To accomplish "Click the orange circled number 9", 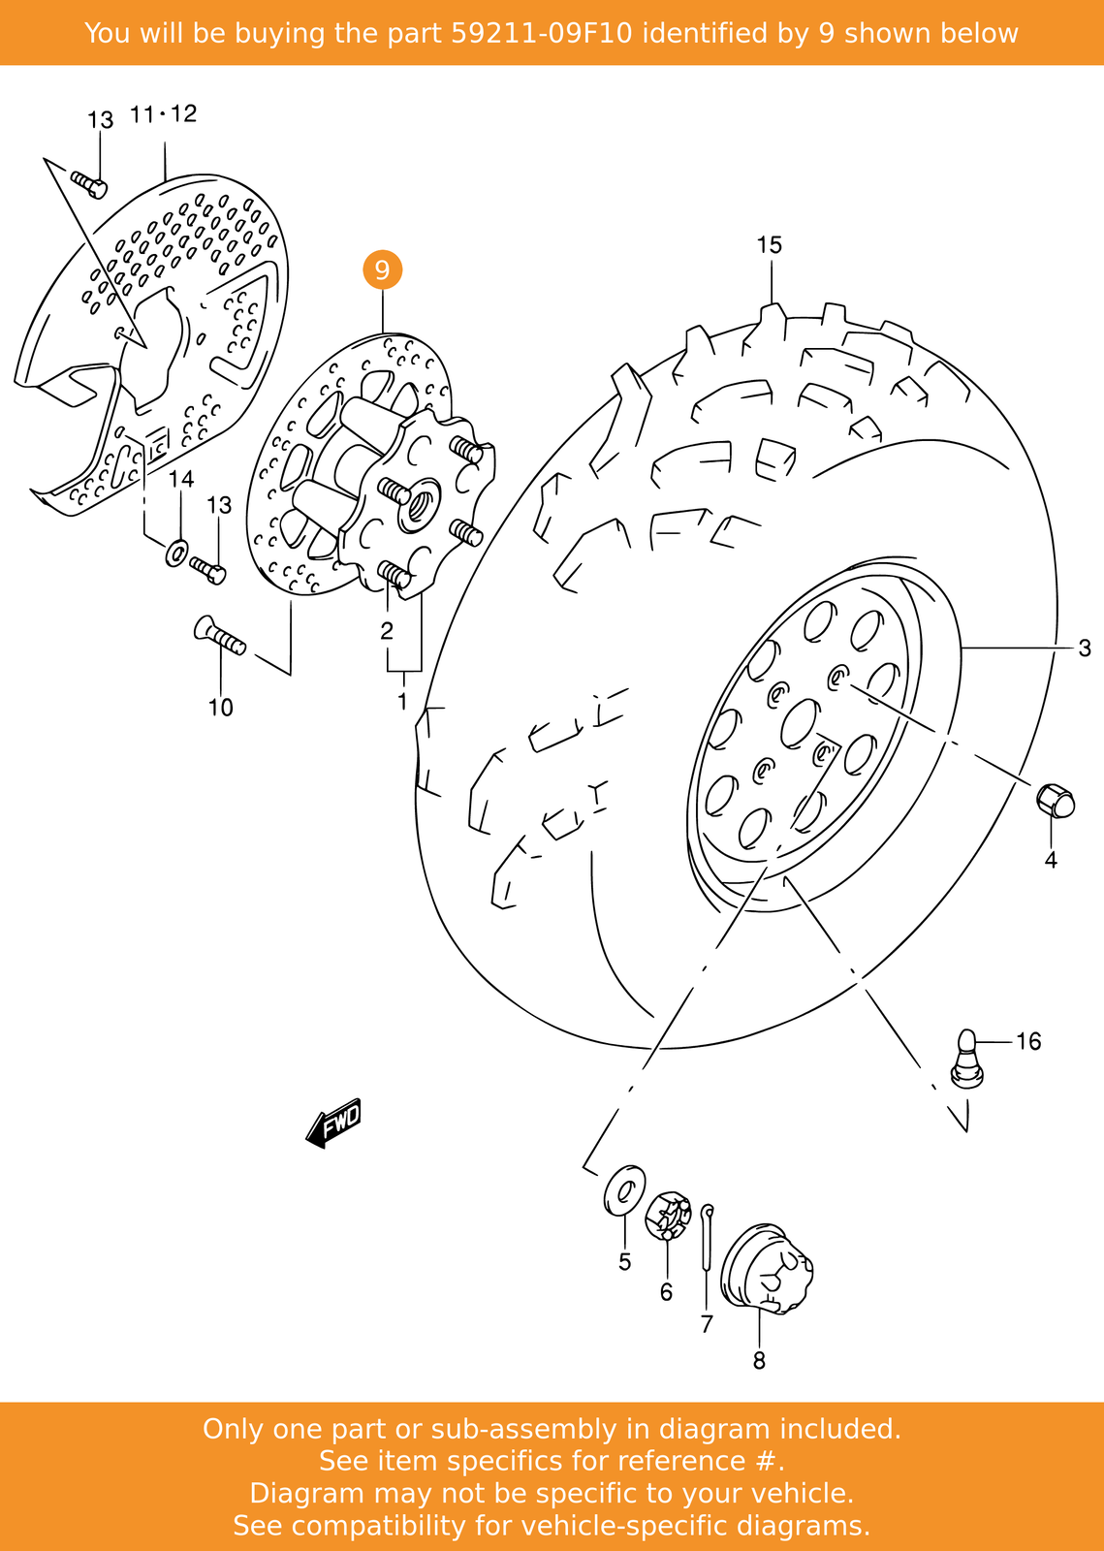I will click(382, 269).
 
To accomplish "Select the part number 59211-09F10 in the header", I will click(542, 34).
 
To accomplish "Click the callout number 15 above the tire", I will click(769, 245).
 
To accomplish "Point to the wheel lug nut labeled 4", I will click(1055, 801).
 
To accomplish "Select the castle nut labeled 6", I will click(668, 1216).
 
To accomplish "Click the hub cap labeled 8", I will click(769, 1269).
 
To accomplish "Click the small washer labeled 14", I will click(177, 553).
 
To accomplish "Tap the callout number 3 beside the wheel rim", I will click(1084, 648).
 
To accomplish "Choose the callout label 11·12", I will click(163, 114).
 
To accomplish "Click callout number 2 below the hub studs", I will click(387, 631).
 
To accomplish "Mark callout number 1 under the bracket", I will click(402, 700).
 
